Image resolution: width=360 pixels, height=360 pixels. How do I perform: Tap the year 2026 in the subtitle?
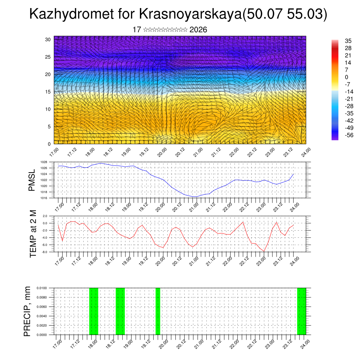point(198,30)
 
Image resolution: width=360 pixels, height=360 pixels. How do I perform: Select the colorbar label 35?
point(348,41)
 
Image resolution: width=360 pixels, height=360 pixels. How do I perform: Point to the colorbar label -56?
point(348,135)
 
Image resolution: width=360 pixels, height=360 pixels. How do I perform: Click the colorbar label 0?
point(347,77)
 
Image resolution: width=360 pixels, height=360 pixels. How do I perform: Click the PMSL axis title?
point(32,180)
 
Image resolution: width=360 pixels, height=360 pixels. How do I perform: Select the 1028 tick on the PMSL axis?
point(44,162)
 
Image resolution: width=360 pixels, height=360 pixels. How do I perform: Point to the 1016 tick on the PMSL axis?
point(44,198)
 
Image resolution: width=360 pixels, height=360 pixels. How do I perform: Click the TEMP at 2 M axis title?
point(33,234)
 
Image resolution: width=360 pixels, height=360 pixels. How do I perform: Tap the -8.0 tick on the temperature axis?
point(45,252)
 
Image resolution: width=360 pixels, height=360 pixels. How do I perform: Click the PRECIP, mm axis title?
point(27,311)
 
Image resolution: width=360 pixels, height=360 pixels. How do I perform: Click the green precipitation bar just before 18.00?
point(94,311)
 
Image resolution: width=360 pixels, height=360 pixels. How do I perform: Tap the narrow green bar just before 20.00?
point(158,311)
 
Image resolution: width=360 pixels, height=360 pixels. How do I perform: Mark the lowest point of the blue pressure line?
point(197,197)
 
